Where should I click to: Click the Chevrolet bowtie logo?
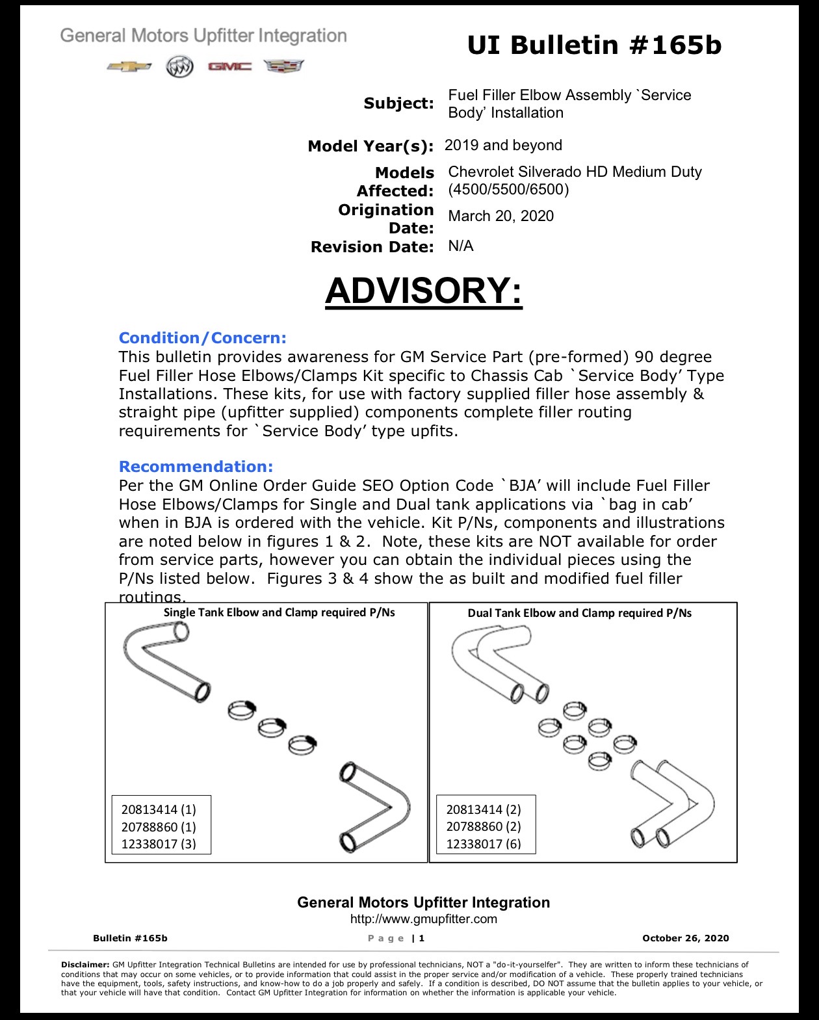(x=129, y=66)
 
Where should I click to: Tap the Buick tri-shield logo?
(x=179, y=67)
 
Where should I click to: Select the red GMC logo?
(x=230, y=66)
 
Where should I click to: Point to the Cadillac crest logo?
(x=284, y=66)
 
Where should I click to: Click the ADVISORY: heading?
(x=424, y=291)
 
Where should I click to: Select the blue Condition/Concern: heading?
(x=202, y=338)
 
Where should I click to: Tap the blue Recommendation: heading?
(x=196, y=466)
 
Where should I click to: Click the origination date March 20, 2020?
(x=501, y=216)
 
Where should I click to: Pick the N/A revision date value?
(x=461, y=246)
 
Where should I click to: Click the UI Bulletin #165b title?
(x=594, y=46)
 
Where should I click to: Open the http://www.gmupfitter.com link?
(x=424, y=919)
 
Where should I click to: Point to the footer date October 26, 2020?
(x=685, y=938)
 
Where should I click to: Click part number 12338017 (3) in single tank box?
(x=159, y=844)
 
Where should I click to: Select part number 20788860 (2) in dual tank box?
(x=484, y=827)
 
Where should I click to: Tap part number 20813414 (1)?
(x=159, y=809)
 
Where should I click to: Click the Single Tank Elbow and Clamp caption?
(x=279, y=612)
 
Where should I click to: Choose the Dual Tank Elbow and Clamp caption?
(x=580, y=613)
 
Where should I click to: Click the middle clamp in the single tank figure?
(x=272, y=727)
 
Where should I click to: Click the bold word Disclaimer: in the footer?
(x=85, y=964)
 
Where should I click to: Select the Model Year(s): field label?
(x=370, y=146)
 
